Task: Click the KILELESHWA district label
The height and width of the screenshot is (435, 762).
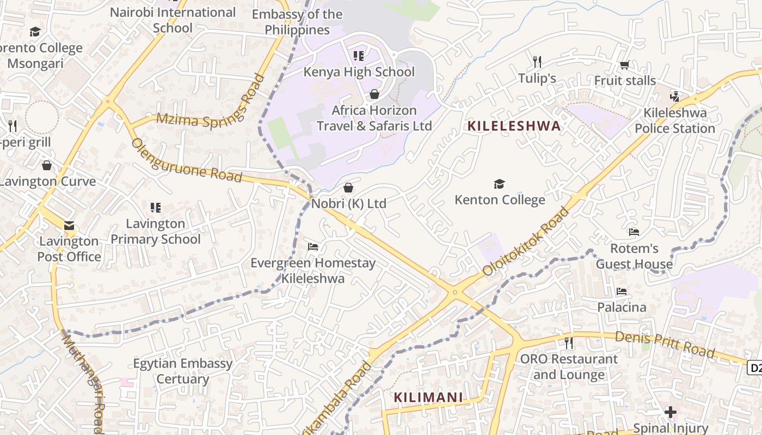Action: click(x=514, y=126)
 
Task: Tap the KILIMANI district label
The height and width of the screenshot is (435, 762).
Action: click(x=428, y=397)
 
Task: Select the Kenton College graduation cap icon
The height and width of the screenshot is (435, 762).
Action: click(x=499, y=184)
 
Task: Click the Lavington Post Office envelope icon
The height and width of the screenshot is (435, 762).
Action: click(x=69, y=225)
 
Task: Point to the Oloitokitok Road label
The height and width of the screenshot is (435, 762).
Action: click(x=526, y=241)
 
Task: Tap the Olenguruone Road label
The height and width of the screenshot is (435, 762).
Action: click(x=186, y=160)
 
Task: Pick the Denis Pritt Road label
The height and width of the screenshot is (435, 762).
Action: click(x=665, y=344)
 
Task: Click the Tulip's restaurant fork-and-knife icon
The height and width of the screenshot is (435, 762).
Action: click(x=537, y=61)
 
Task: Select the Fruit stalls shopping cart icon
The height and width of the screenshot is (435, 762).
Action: click(x=624, y=65)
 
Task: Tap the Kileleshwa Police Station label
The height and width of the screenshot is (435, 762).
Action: click(x=675, y=121)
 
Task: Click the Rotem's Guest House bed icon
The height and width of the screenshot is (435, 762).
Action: click(x=634, y=232)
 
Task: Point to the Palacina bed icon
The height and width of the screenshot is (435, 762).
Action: click(x=622, y=292)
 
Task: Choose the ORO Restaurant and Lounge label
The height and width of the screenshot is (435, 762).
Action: click(x=569, y=367)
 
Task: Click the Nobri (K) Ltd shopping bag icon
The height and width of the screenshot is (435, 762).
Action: click(x=348, y=188)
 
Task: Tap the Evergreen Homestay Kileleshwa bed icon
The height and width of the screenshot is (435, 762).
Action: click(x=313, y=247)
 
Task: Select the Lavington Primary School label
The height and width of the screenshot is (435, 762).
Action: click(x=156, y=232)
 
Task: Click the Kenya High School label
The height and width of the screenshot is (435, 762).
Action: click(x=359, y=72)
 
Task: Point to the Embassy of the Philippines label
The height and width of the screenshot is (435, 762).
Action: click(x=298, y=22)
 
